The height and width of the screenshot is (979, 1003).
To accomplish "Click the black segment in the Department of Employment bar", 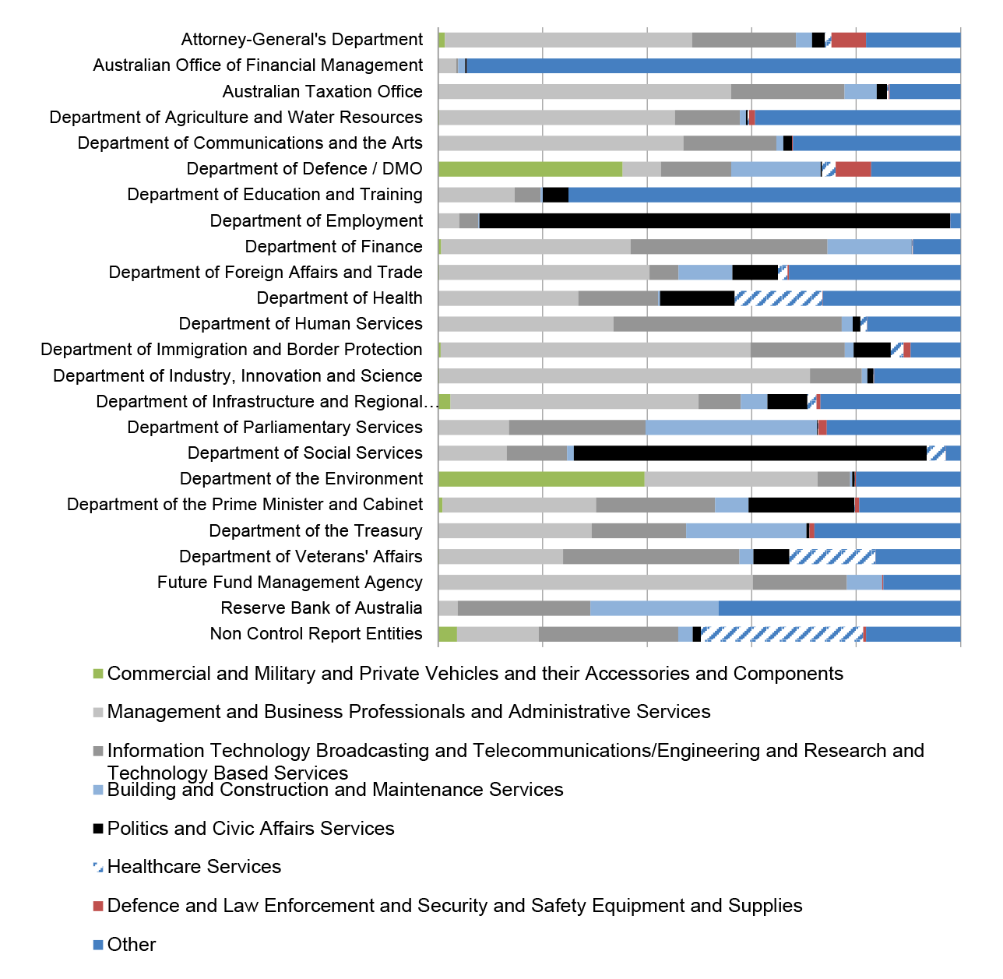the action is (714, 220).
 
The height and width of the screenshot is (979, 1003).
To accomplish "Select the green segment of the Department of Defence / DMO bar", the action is (530, 169).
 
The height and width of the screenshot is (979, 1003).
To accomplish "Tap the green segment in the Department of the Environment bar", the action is (541, 479).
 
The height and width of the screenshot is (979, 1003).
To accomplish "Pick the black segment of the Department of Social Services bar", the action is (750, 453).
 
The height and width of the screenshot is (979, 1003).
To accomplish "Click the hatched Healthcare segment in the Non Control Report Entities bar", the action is (782, 634).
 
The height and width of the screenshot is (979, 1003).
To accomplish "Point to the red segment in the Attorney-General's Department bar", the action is (848, 40).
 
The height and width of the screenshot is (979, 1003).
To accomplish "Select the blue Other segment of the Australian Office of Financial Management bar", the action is (713, 66).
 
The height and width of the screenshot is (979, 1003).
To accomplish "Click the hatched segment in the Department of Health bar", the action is (778, 298).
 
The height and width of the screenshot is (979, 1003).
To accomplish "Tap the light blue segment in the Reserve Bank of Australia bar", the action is (654, 608).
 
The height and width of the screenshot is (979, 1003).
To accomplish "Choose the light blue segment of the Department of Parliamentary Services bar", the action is (731, 428).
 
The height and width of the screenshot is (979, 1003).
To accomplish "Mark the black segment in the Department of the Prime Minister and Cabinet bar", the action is (801, 505).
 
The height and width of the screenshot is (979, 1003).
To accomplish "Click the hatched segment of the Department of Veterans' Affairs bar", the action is (832, 557).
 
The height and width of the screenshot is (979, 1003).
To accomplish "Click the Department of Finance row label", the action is (333, 246).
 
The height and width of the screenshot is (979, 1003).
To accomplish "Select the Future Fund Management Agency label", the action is (290, 582).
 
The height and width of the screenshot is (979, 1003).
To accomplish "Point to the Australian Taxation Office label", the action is (322, 91).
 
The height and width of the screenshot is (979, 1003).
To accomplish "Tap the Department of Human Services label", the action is (301, 324).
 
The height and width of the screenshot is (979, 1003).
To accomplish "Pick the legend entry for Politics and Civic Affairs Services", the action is (243, 828).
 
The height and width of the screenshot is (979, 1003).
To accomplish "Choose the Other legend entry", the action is (125, 945).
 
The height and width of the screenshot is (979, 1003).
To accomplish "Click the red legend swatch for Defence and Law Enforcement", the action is (98, 906).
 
